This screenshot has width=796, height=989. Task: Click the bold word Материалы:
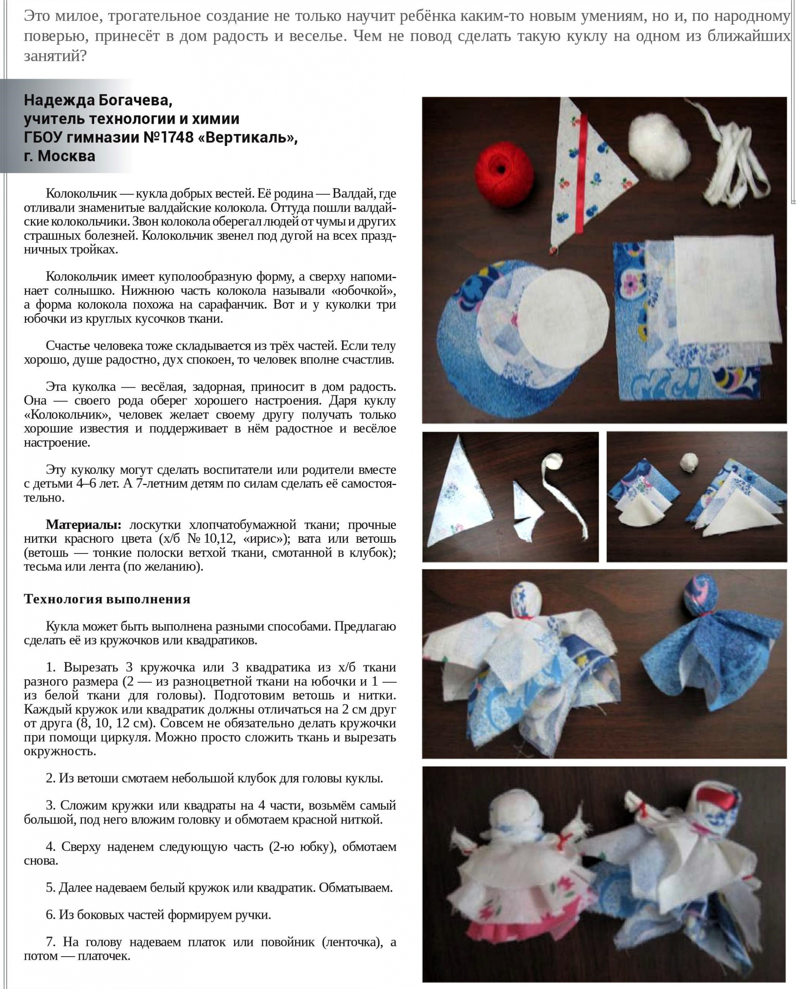(83, 525)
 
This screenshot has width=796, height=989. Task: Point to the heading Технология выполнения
(107, 599)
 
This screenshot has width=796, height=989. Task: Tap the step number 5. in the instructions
(51, 887)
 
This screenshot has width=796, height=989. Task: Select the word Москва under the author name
(66, 156)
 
